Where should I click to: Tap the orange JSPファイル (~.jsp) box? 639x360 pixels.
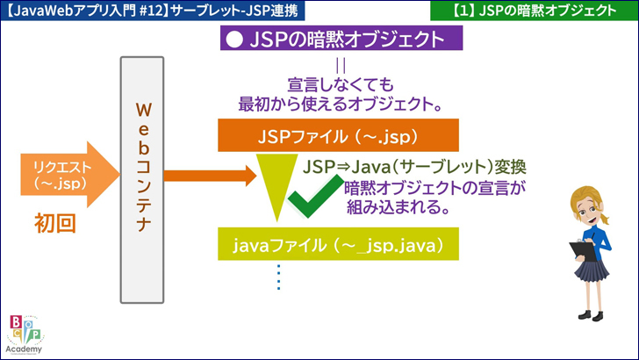pos(339,138)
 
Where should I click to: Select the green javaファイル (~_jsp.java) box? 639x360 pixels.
pos(339,243)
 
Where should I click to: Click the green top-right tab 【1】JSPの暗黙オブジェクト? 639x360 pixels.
pos(535,11)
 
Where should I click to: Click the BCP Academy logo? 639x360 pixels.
pos(25,334)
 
